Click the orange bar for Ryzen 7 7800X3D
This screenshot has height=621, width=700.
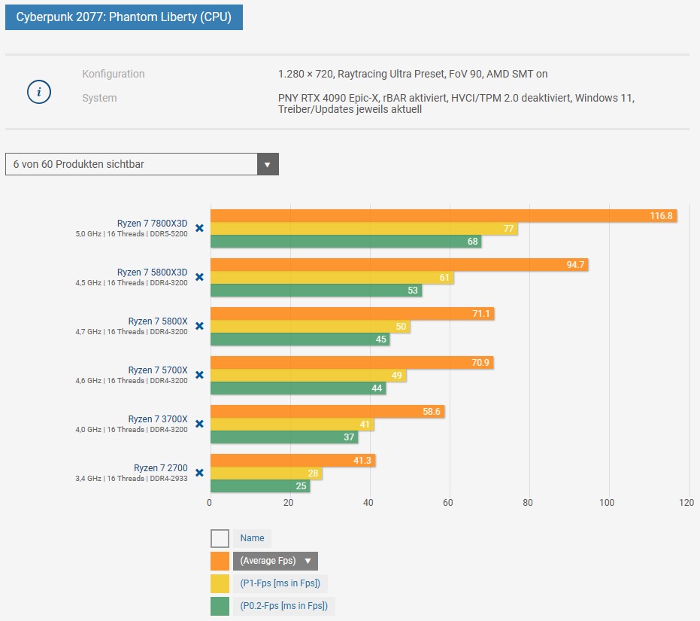pyautogui.click(x=444, y=216)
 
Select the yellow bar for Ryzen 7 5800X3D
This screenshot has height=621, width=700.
pyautogui.click(x=332, y=278)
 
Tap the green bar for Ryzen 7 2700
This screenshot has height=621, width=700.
pyautogui.click(x=260, y=486)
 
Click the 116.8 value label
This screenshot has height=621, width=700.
pyautogui.click(x=661, y=216)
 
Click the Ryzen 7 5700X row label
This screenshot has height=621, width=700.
pyautogui.click(x=158, y=370)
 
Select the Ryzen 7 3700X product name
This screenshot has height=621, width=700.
pyautogui.click(x=158, y=419)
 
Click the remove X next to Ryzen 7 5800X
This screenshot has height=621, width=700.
pyautogui.click(x=199, y=326)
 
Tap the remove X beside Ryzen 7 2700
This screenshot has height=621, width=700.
pyautogui.click(x=199, y=473)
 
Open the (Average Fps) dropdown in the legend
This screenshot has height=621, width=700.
pyautogui.click(x=275, y=561)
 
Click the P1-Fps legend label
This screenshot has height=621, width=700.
pyautogui.click(x=280, y=583)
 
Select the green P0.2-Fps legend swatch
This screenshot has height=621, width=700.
pyautogui.click(x=220, y=606)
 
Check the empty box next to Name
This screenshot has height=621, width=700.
pyautogui.click(x=220, y=538)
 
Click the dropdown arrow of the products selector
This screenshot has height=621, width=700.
pyautogui.click(x=268, y=164)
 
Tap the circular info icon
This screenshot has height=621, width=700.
pyautogui.click(x=39, y=93)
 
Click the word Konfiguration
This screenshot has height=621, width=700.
pyautogui.click(x=114, y=74)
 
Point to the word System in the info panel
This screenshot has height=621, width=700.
pyautogui.click(x=99, y=98)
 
